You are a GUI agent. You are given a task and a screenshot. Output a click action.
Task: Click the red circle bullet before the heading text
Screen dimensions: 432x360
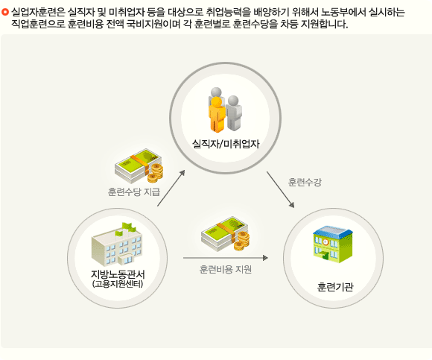(x=5, y=12)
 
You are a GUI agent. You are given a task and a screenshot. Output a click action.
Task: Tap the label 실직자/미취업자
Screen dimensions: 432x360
(x=226, y=144)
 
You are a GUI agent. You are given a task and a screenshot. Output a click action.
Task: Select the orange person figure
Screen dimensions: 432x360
(x=217, y=114)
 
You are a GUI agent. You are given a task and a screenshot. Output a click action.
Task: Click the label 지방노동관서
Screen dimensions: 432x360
(x=118, y=274)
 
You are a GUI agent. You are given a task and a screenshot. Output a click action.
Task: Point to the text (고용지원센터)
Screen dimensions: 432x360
(x=118, y=284)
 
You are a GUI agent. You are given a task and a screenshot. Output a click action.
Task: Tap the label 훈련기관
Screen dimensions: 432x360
(x=335, y=287)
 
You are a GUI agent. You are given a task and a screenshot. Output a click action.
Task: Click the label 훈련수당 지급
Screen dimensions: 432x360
(x=134, y=192)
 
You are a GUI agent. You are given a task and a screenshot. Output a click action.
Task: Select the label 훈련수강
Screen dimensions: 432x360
(x=305, y=182)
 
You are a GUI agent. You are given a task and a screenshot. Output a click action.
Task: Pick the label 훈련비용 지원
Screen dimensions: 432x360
(x=226, y=269)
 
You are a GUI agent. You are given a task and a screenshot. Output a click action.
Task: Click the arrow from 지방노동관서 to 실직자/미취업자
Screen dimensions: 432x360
(x=171, y=188)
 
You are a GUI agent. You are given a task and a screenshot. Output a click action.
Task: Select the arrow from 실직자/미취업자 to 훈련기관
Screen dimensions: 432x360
(x=281, y=189)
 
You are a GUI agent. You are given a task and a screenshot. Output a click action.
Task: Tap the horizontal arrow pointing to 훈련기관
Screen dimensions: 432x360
(x=226, y=258)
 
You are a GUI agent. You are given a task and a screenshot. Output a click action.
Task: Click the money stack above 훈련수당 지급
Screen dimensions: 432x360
(x=139, y=166)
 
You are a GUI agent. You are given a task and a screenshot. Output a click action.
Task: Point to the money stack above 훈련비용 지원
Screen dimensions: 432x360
(x=226, y=234)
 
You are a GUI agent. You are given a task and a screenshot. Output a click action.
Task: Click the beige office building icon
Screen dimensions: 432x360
(x=117, y=244)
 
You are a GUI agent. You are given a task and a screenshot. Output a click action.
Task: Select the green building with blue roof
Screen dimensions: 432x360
(x=333, y=244)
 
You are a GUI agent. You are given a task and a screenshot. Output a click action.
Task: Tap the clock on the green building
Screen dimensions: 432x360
(x=325, y=241)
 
